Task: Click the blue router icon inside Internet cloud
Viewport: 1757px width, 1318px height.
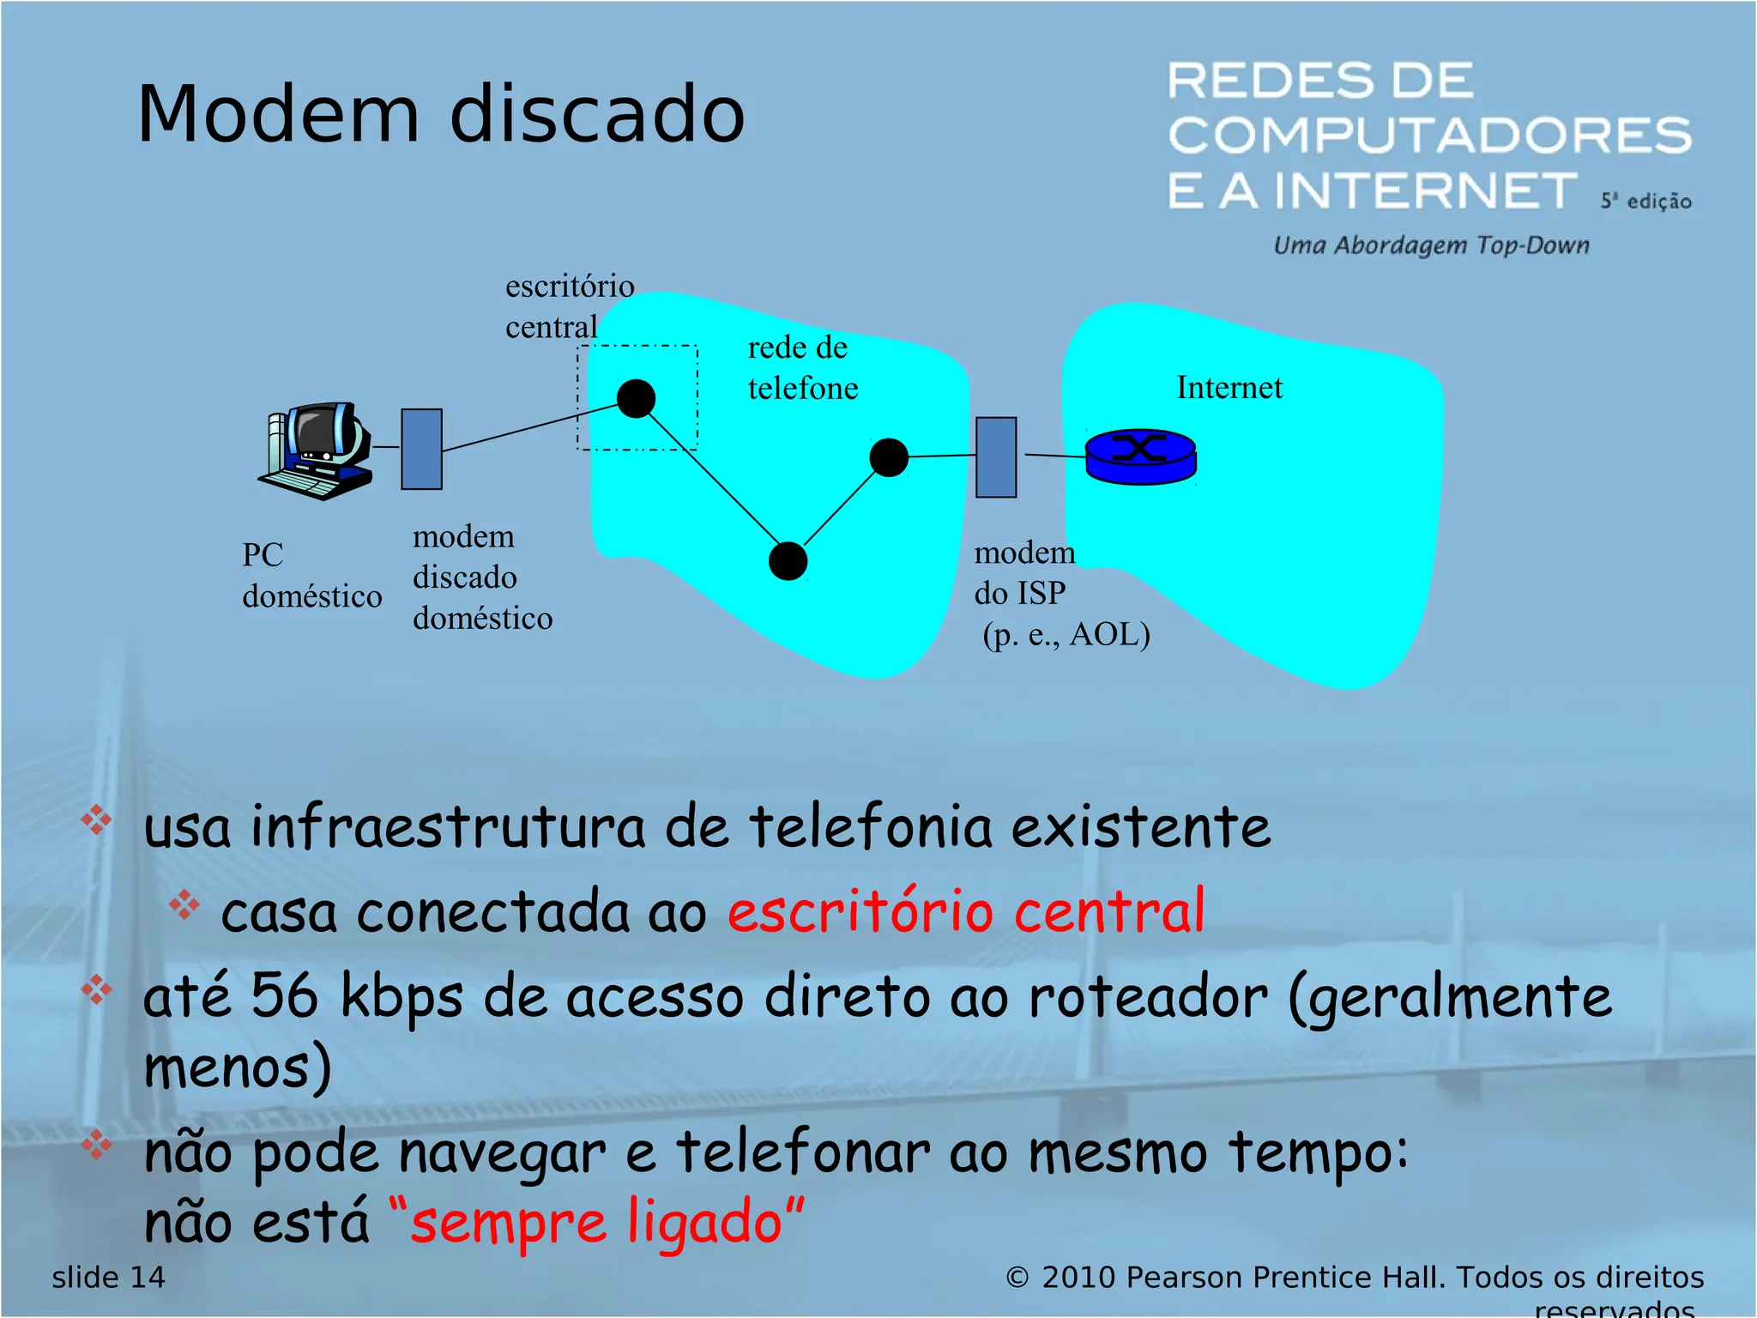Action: click(x=1140, y=456)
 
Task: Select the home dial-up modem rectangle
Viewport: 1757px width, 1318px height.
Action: click(x=421, y=449)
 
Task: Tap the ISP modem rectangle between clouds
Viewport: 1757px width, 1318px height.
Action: click(x=996, y=457)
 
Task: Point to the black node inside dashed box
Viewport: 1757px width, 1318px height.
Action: click(x=636, y=399)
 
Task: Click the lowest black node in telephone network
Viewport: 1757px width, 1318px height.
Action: click(x=788, y=561)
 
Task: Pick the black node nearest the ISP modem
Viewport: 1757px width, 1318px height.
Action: click(x=889, y=457)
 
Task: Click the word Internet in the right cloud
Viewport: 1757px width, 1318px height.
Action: click(x=1229, y=388)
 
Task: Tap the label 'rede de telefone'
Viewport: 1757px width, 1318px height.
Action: click(x=802, y=368)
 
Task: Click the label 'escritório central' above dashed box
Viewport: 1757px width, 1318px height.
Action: click(x=569, y=306)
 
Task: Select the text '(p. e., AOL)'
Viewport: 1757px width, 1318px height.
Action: click(x=1066, y=635)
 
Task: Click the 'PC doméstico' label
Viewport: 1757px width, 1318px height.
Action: click(x=311, y=576)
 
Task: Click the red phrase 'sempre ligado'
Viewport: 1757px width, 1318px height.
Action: click(x=596, y=1222)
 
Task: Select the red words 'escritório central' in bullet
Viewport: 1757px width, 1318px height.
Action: click(x=966, y=911)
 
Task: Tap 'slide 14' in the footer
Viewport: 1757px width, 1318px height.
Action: click(x=108, y=1278)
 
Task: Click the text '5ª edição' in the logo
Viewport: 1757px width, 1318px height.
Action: click(x=1645, y=202)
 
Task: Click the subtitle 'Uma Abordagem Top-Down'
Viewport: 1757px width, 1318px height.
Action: click(x=1430, y=246)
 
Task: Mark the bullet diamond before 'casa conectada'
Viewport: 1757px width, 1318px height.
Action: click(x=184, y=904)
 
